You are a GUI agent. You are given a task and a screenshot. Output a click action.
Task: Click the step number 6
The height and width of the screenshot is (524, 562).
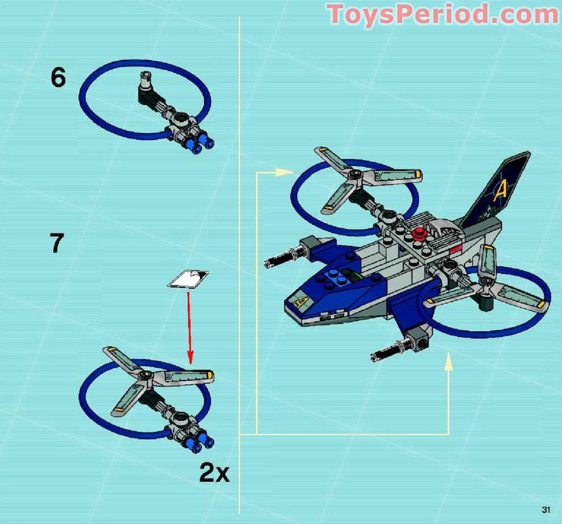58,78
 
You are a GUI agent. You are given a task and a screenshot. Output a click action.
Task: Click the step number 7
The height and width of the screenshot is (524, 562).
56,243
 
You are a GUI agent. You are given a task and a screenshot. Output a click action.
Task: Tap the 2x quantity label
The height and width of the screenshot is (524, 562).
214,473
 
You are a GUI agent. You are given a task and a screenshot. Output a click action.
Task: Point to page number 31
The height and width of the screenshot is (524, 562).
546,510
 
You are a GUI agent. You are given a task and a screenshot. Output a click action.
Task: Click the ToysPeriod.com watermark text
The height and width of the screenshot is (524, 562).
442,14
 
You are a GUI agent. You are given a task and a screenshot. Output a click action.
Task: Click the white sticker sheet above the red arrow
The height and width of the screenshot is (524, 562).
189,279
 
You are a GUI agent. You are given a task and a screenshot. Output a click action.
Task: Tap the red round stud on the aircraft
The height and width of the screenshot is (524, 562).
418,234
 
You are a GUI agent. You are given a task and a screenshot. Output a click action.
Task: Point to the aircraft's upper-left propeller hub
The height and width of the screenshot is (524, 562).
351,173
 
